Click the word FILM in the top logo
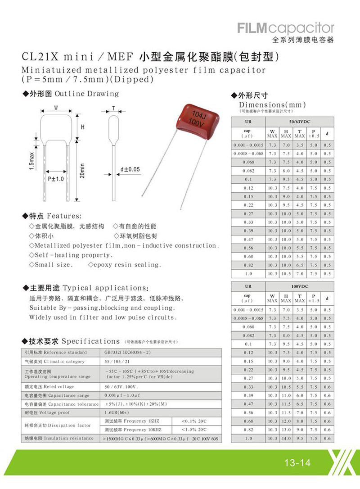tap(254, 28)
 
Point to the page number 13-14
tap(297, 462)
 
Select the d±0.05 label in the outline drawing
tap(130, 169)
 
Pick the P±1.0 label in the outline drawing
tap(57, 179)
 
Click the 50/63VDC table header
tap(300, 122)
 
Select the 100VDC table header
tap(300, 286)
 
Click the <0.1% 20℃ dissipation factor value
tap(196, 421)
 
